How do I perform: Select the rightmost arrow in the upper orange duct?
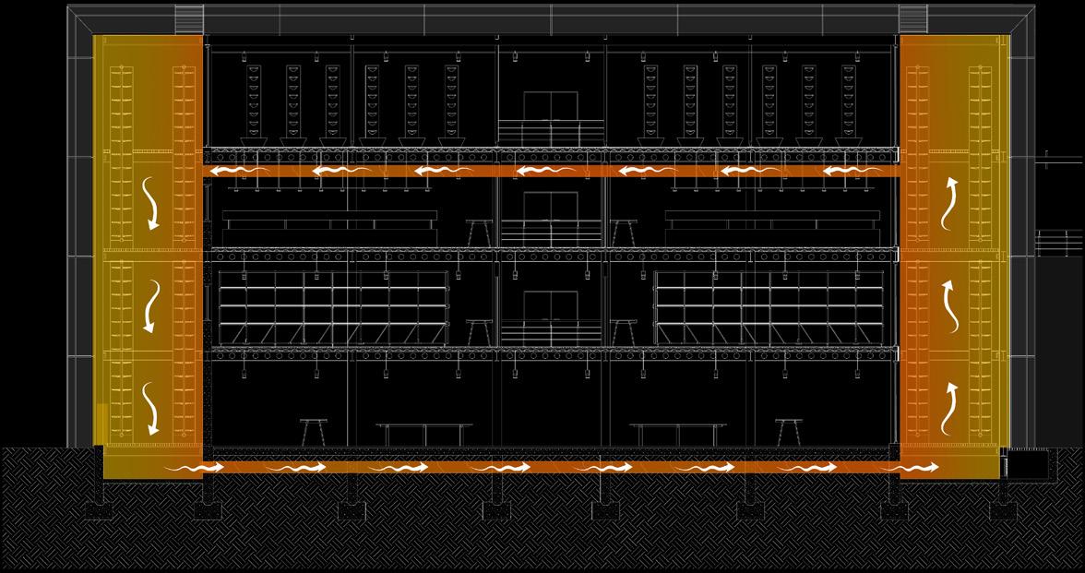point(850,172)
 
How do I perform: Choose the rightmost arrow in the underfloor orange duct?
point(910,469)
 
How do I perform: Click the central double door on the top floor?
point(551,107)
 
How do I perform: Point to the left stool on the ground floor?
point(314,432)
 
